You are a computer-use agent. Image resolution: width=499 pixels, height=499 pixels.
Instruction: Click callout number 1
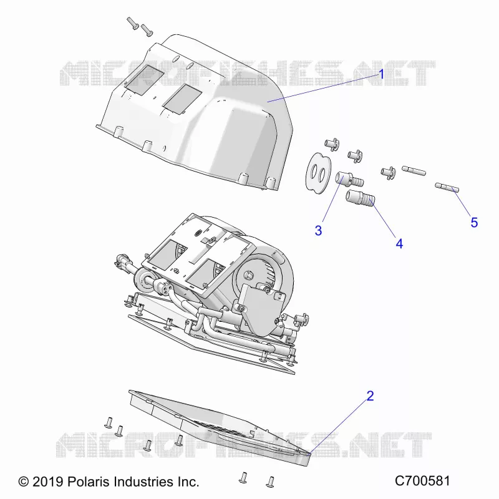click(x=382, y=74)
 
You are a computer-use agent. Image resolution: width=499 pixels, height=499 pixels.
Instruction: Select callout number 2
click(x=370, y=396)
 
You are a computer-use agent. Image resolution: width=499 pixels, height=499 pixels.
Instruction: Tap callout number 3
click(x=318, y=230)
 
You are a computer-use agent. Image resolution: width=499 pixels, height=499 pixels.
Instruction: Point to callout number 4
click(x=399, y=244)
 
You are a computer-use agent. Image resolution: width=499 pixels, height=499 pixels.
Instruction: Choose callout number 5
click(x=474, y=223)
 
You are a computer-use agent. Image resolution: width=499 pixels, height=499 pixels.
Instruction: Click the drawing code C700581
click(x=422, y=481)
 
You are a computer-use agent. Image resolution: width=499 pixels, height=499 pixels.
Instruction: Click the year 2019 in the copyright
click(x=48, y=482)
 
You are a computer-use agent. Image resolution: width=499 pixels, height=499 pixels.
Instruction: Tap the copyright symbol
click(x=24, y=482)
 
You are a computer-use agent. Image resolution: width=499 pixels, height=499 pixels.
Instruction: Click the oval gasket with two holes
click(x=318, y=173)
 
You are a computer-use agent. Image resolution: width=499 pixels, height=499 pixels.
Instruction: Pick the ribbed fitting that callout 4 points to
click(x=361, y=198)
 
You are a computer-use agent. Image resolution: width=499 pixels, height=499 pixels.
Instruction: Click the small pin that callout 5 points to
click(x=447, y=188)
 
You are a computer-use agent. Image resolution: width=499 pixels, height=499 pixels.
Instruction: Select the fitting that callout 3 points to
click(x=349, y=179)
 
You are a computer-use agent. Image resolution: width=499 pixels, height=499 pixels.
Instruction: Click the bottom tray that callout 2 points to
click(x=220, y=427)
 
